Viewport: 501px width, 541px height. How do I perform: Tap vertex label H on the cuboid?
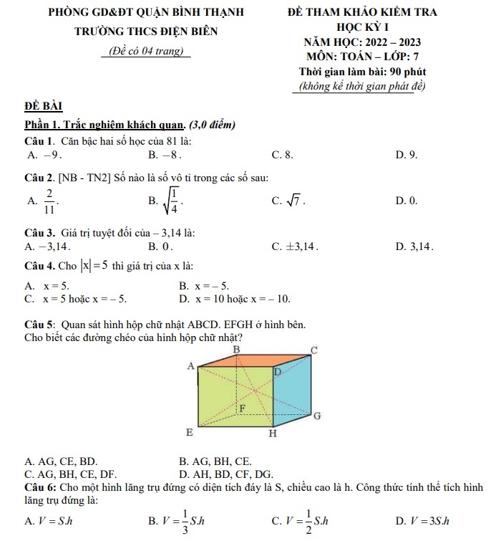pos(271,434)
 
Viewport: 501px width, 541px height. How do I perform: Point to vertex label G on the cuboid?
pos(317,416)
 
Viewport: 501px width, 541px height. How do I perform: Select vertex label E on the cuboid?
pos(190,433)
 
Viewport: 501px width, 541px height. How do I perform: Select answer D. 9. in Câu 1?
pos(406,154)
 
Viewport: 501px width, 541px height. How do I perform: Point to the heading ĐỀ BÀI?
pos(43,107)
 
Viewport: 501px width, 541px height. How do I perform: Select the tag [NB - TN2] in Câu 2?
pos(88,176)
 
